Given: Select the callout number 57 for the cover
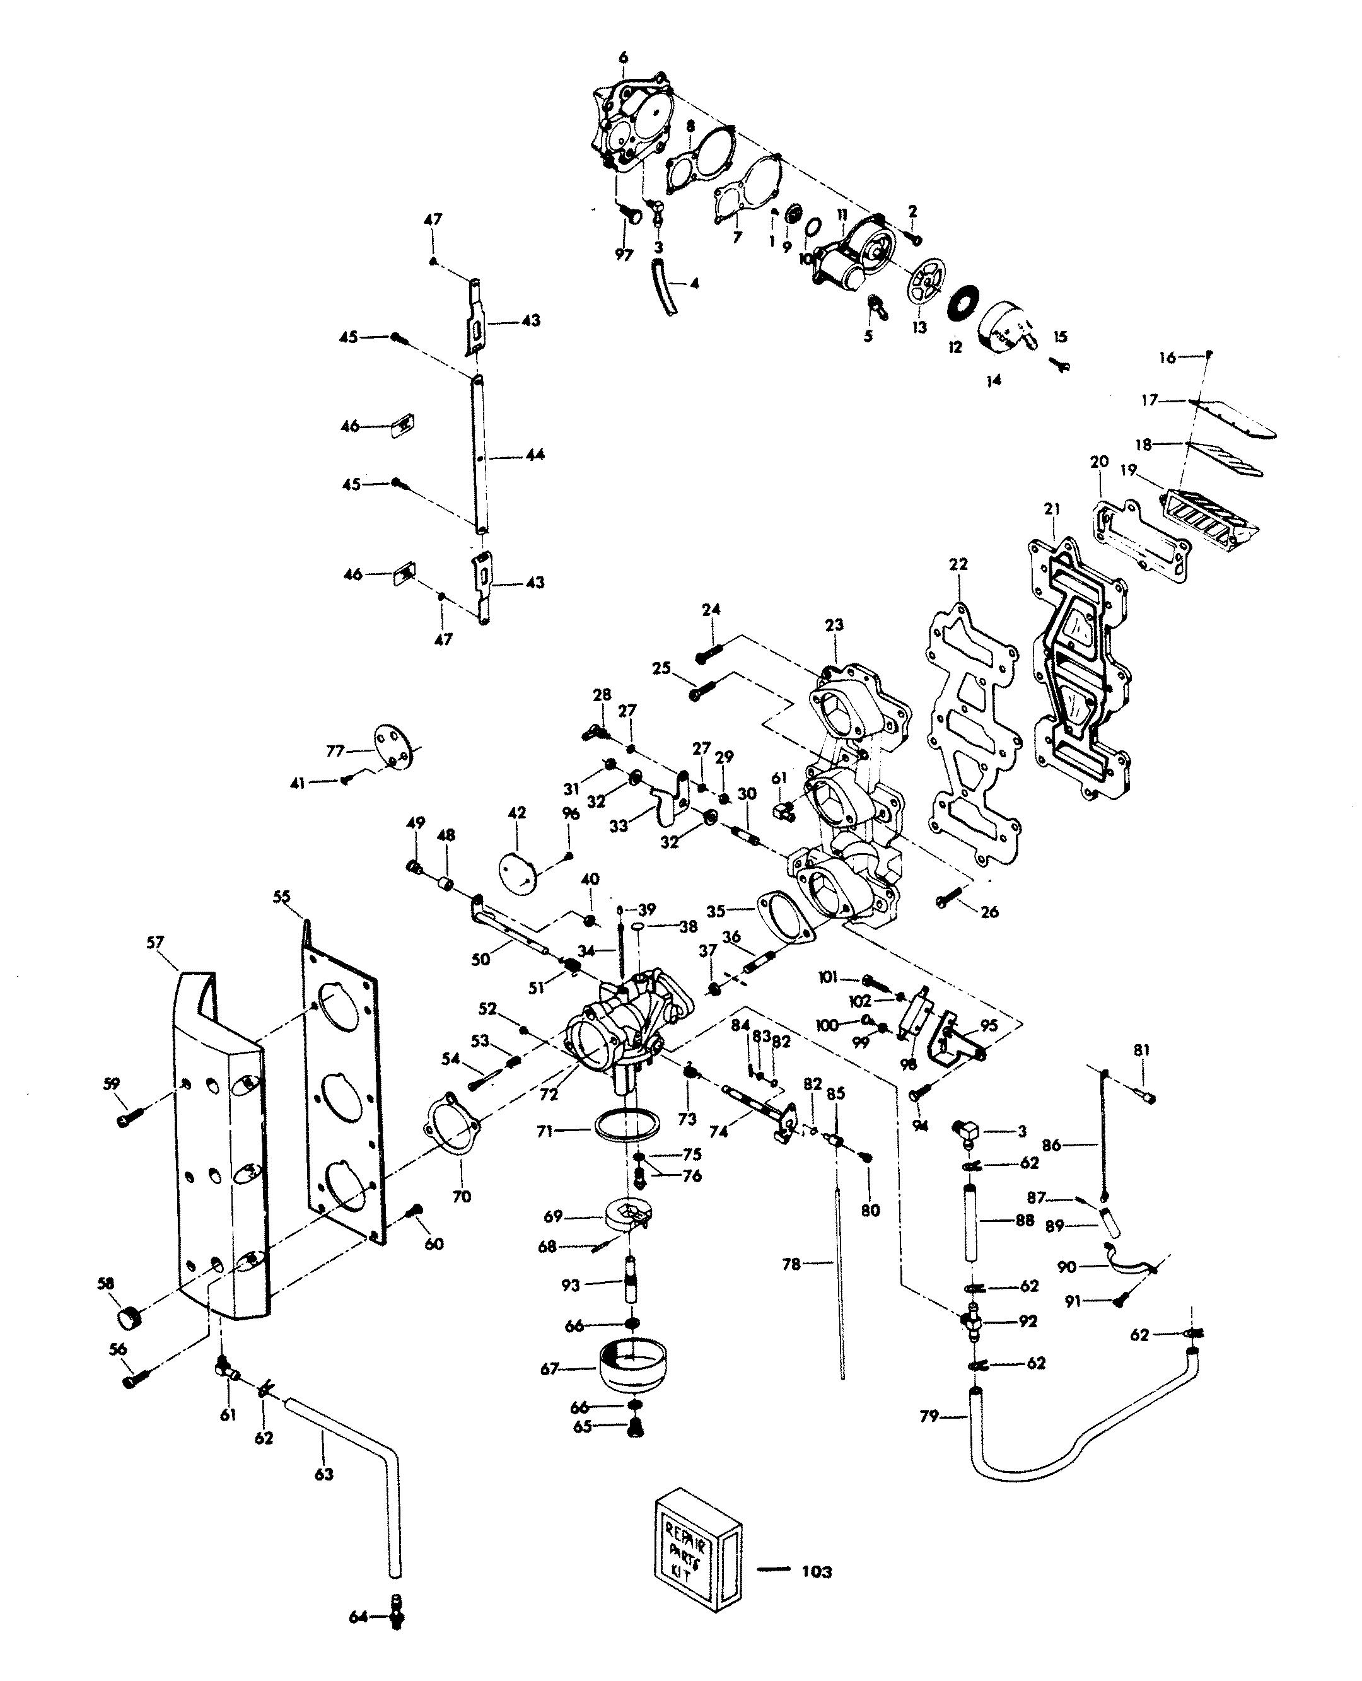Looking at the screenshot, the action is [154, 943].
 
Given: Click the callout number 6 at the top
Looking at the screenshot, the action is [624, 57].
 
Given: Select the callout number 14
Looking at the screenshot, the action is [993, 380].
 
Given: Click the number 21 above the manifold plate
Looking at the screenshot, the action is [1051, 509].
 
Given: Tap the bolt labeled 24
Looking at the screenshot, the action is [711, 650].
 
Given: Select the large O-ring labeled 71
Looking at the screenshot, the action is [626, 1126].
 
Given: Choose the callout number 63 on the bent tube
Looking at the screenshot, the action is [324, 1475].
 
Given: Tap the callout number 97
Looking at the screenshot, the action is [624, 256].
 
